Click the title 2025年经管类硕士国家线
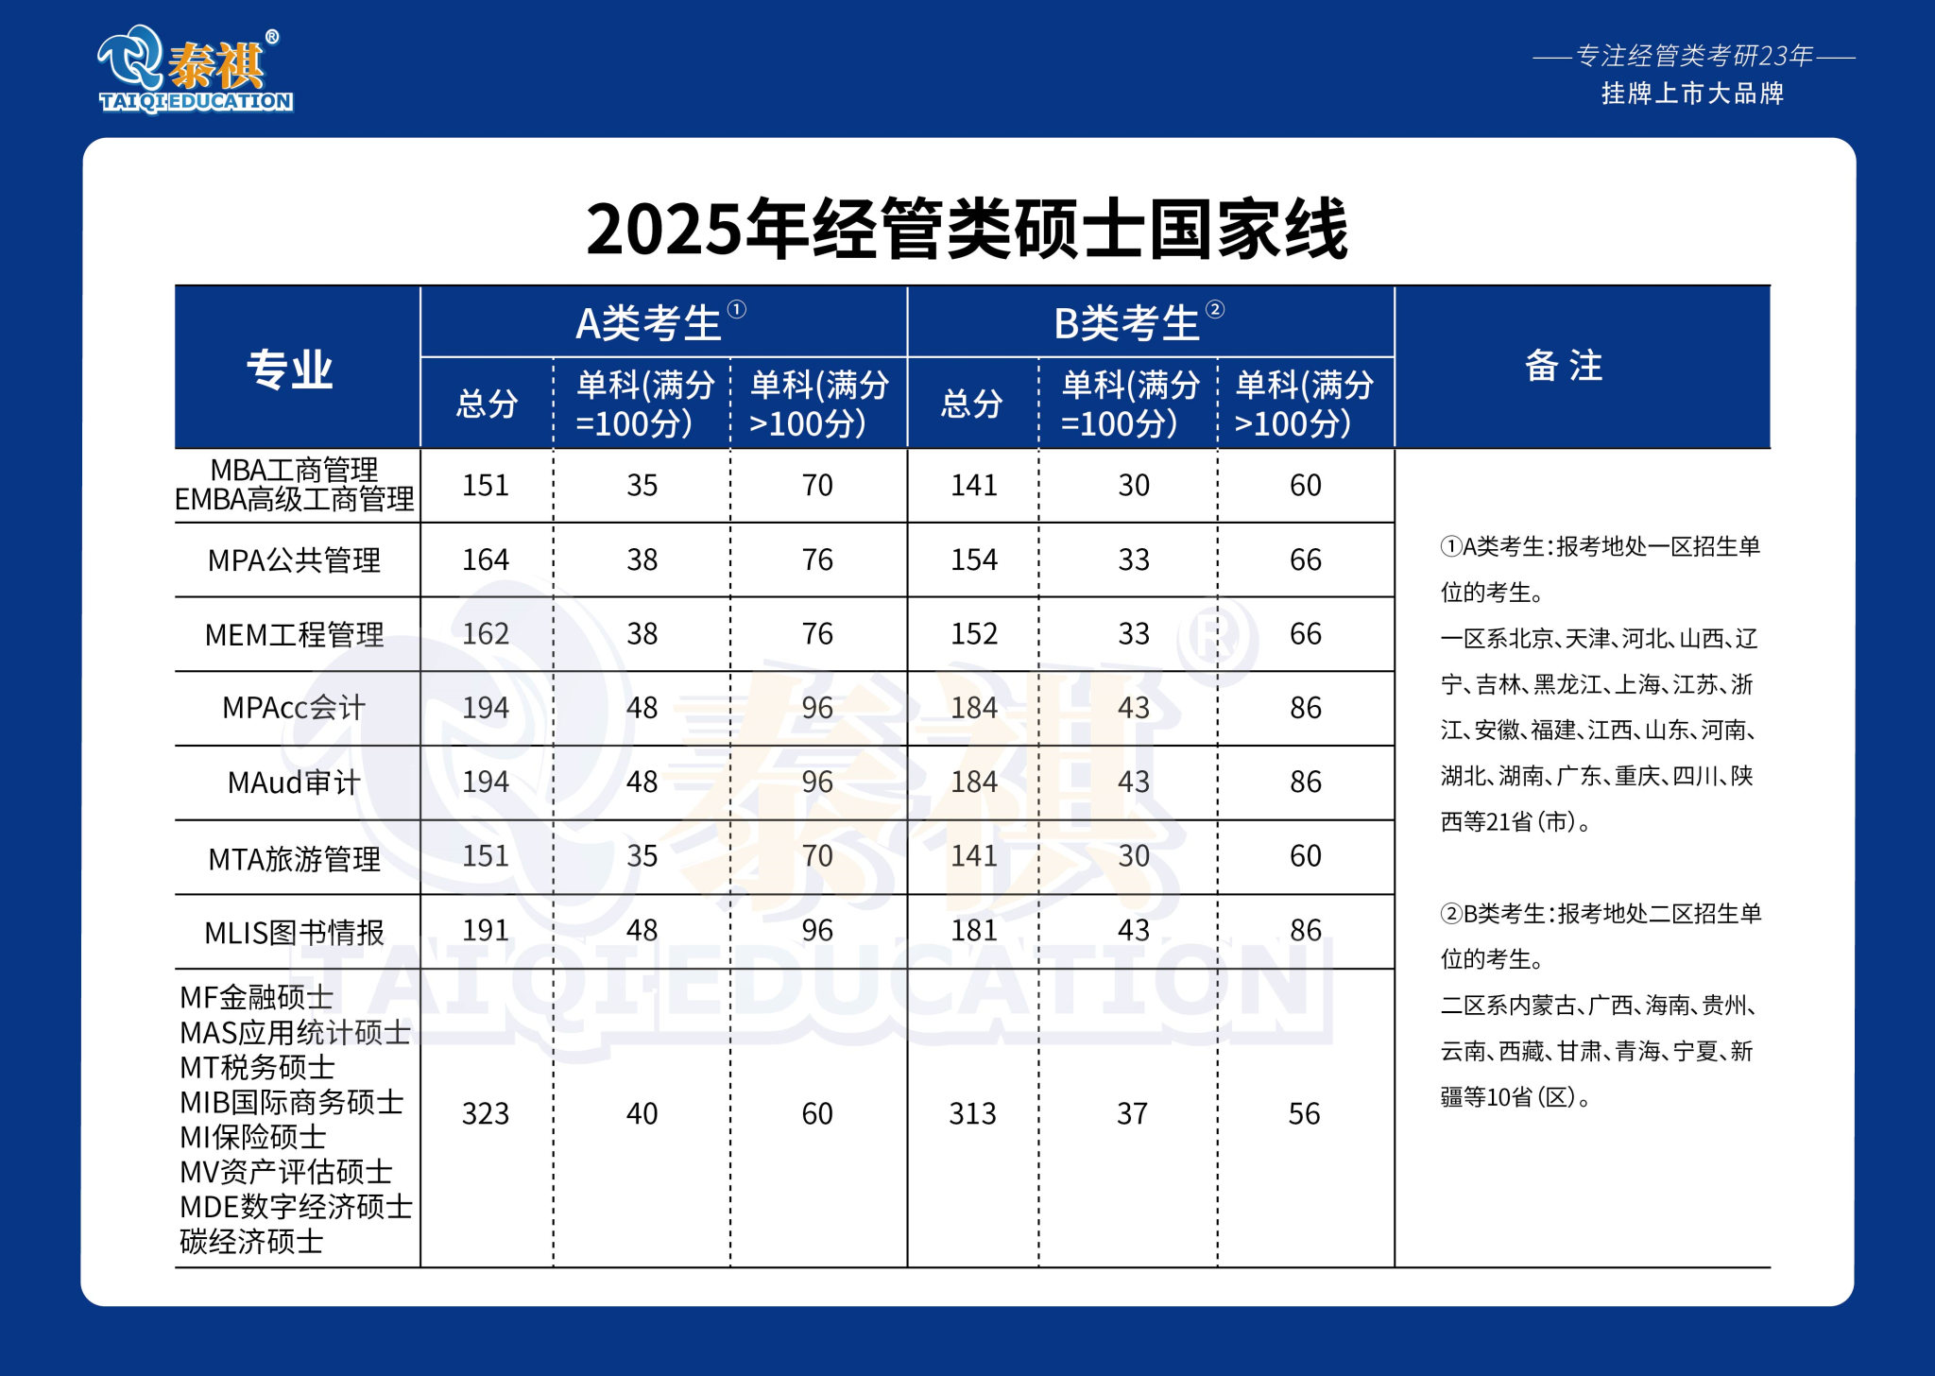pos(967,230)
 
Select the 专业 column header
pos(290,369)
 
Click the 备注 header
pos(1565,366)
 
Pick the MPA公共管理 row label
pos(294,560)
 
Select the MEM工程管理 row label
pos(294,634)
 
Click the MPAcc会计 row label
pos(294,708)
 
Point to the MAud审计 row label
pos(294,783)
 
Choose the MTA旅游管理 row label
pos(294,858)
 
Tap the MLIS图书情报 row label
pos(294,933)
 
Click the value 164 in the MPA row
pos(486,560)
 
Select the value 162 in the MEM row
pos(486,634)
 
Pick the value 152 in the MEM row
pos(974,634)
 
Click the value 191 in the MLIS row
pos(486,931)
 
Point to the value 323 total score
pos(486,1114)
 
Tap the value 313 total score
pos(973,1114)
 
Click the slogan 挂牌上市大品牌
pos(1692,94)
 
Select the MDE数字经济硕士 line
pos(296,1207)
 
